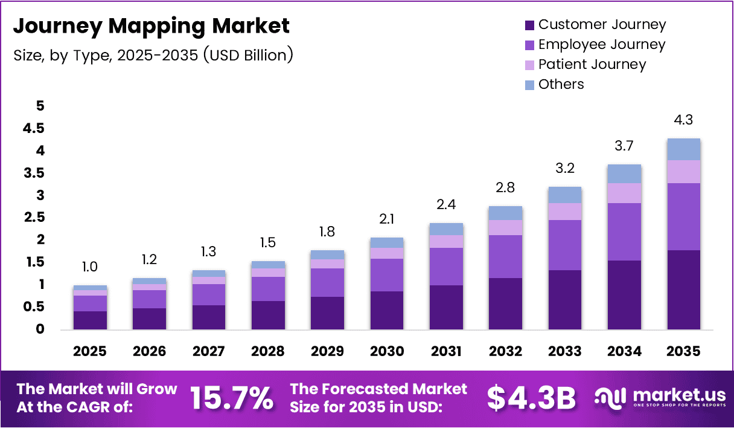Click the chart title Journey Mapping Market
[152, 27]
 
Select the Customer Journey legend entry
[601, 25]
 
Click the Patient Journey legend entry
[592, 64]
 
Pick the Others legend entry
[561, 84]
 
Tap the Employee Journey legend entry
[601, 44]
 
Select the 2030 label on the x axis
[386, 351]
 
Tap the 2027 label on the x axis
[209, 351]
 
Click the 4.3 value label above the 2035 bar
[683, 120]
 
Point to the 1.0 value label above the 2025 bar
[91, 267]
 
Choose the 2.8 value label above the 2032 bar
[505, 187]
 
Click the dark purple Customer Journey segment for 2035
[683, 290]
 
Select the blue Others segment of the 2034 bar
[624, 173]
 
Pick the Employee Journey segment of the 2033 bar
[564, 245]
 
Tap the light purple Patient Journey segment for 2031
[446, 241]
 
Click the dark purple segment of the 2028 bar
[268, 315]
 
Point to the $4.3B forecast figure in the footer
[531, 397]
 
